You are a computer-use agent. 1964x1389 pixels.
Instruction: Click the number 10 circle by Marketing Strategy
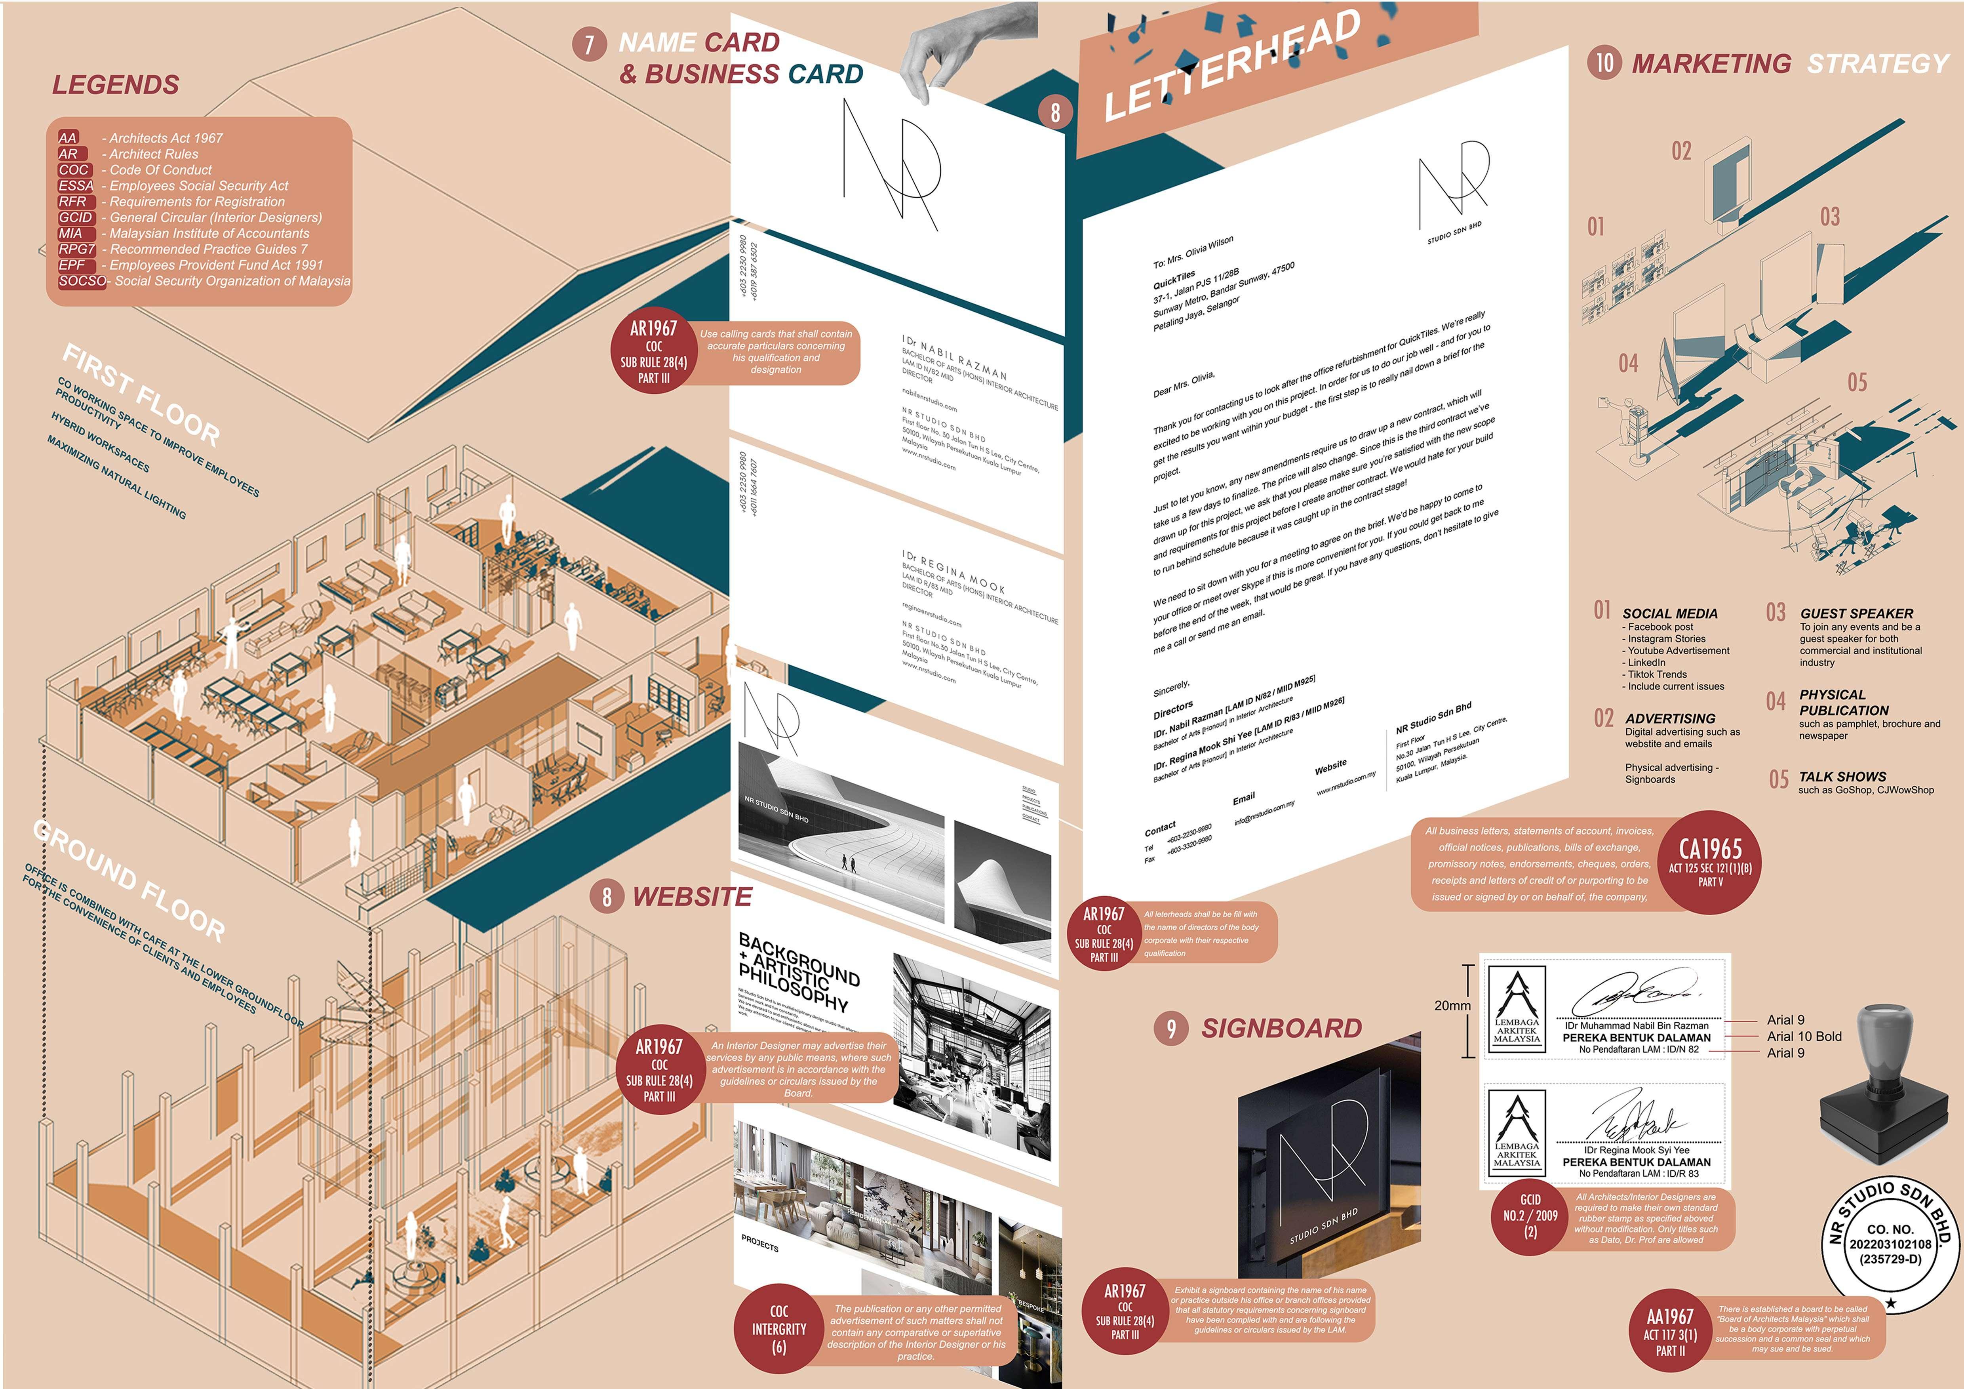[1604, 63]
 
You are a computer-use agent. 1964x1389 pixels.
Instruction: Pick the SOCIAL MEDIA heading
[1670, 614]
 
